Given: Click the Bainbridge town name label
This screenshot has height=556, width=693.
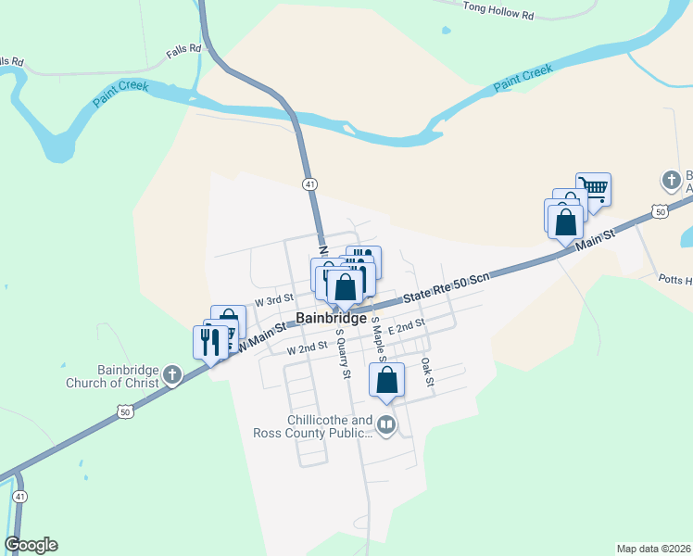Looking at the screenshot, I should pos(332,319).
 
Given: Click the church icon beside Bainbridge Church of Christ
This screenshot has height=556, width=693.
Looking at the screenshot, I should pos(171,374).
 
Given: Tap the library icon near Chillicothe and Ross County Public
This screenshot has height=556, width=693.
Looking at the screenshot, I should pos(386,425).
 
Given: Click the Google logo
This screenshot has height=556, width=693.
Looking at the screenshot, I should pos(31,545).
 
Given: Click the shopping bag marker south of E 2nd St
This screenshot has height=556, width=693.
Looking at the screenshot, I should pos(387,380).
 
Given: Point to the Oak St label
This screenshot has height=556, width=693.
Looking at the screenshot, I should pos(427,373).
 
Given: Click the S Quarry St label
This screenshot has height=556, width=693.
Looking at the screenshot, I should pos(343,354).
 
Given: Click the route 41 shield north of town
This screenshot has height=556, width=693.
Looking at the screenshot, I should pos(309,184).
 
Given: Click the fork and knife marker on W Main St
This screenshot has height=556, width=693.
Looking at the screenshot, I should pos(209,341).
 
